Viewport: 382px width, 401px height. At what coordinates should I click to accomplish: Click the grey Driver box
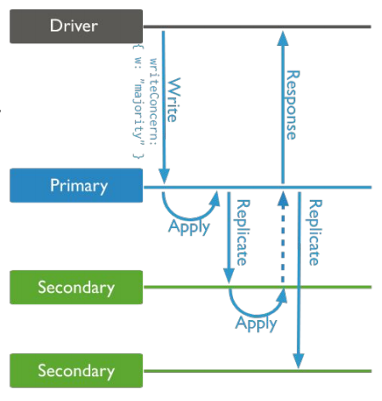tap(77, 26)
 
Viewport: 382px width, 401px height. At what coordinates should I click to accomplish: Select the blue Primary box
tap(77, 186)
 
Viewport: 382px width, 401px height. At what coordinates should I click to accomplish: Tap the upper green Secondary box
tap(77, 287)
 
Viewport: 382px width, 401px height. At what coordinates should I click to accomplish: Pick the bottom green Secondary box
tap(77, 370)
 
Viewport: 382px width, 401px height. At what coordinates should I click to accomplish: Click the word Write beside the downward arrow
tap(174, 100)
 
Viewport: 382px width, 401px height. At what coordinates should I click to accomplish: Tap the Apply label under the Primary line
tap(189, 227)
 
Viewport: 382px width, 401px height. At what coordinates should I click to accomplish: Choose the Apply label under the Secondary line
tap(256, 324)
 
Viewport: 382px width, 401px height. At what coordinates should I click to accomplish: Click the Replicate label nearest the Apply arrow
tap(242, 232)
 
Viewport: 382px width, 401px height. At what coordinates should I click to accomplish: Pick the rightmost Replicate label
tap(315, 232)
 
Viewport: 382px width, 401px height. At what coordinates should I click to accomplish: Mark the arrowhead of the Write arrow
tap(164, 176)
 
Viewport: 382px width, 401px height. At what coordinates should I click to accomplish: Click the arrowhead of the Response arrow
tap(282, 38)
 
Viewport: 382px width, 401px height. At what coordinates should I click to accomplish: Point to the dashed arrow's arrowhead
tap(282, 198)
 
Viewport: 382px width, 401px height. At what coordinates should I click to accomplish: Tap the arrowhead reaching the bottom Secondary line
tap(299, 361)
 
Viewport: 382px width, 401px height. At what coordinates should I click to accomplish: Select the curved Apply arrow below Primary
tap(190, 219)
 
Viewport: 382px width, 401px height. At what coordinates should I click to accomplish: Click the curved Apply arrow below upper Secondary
tap(257, 315)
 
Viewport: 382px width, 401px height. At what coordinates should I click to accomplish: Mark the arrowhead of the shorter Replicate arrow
tap(229, 276)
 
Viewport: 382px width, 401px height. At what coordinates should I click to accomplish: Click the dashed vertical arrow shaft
tap(282, 244)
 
